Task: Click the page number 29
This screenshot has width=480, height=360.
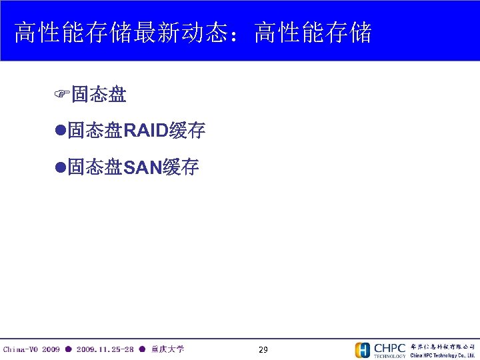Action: pos(263,350)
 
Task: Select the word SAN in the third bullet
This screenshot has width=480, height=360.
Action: pos(143,168)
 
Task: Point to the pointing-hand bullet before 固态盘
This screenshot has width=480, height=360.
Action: pos(62,95)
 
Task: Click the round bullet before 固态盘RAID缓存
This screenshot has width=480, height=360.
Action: pos(60,131)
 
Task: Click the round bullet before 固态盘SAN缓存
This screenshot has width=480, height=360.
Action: pos(60,168)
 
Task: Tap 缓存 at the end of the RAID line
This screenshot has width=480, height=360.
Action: pos(187,131)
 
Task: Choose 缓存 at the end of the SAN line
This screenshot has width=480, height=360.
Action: pos(181,168)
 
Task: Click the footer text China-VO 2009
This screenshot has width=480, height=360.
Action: pos(31,349)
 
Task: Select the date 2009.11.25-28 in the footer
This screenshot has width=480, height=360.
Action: pos(105,349)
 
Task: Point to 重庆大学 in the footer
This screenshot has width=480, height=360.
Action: pos(167,349)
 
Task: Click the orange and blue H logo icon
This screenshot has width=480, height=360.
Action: pos(362,350)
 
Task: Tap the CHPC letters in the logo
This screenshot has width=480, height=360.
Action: pos(389,347)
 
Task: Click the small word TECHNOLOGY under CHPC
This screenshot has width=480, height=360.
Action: pos(389,356)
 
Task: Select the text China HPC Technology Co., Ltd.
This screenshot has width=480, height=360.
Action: pos(443,355)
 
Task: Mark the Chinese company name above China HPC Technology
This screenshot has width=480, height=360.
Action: pos(443,347)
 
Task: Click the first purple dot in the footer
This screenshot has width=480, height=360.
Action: pos(68,349)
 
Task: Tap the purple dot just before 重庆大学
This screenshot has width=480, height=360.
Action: pos(142,349)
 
